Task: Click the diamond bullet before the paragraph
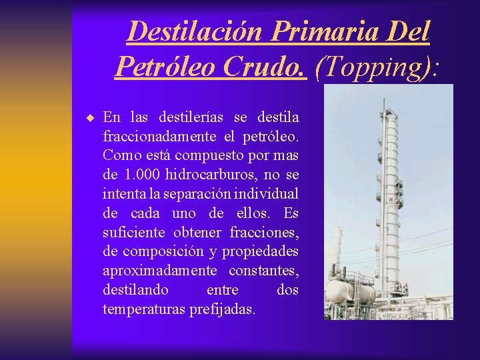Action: [89, 118]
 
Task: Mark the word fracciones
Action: [264, 231]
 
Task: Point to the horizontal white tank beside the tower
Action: [351, 292]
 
